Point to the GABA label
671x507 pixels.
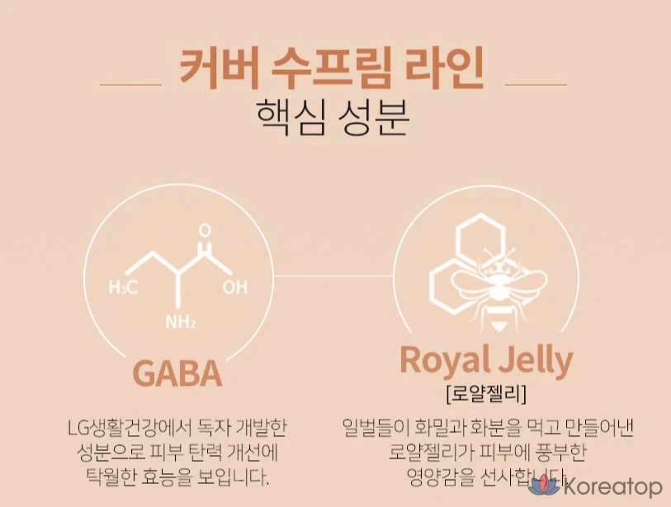pos(177,373)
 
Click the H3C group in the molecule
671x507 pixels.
pos(124,287)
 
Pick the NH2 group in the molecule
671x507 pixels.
pos(181,322)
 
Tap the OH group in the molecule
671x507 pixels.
pos(234,288)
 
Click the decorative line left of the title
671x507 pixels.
pos(130,84)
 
